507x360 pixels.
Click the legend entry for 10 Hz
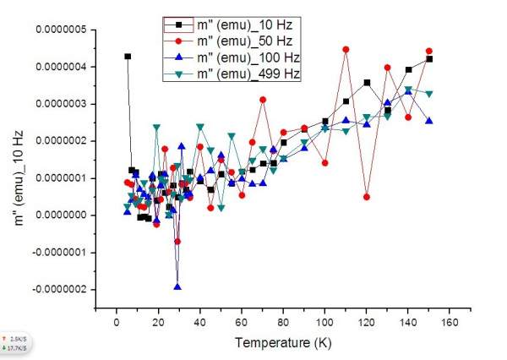(237, 23)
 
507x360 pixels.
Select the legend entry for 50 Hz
(237, 41)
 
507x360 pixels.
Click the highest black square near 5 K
(128, 57)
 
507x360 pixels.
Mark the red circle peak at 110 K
(346, 50)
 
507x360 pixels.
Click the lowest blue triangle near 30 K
(177, 286)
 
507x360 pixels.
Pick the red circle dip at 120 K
(367, 196)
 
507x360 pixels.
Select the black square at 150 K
(429, 59)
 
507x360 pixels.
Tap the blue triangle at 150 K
(429, 121)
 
